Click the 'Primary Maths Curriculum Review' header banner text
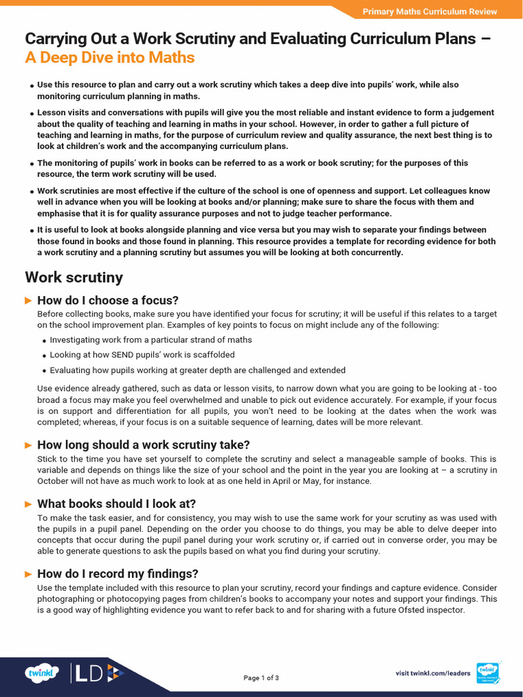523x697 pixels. [x=429, y=12]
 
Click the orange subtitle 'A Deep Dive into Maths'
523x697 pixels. [x=110, y=58]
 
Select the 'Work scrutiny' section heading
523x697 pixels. [x=74, y=277]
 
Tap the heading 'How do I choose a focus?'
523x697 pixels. [x=108, y=300]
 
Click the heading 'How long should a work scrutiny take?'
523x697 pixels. [x=143, y=444]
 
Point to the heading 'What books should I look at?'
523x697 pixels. [x=116, y=504]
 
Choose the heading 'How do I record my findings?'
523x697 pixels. [x=117, y=574]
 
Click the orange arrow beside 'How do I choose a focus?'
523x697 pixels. [x=29, y=300]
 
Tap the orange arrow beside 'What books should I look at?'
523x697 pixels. [x=29, y=504]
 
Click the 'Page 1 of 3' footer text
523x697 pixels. [x=261, y=678]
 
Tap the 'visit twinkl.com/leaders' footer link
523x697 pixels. [x=432, y=673]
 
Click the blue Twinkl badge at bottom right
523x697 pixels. [x=488, y=672]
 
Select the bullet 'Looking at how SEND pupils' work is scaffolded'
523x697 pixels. [x=142, y=355]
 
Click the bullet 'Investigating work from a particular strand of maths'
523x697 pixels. [x=150, y=340]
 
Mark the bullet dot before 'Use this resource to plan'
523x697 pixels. [x=32, y=86]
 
